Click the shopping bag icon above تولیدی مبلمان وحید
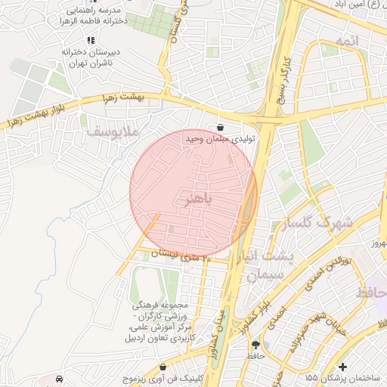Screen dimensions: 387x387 click(220, 127)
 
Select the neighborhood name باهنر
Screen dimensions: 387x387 click(199, 200)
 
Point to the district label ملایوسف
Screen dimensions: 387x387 click(113, 132)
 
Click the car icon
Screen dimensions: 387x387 click(60, 377)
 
